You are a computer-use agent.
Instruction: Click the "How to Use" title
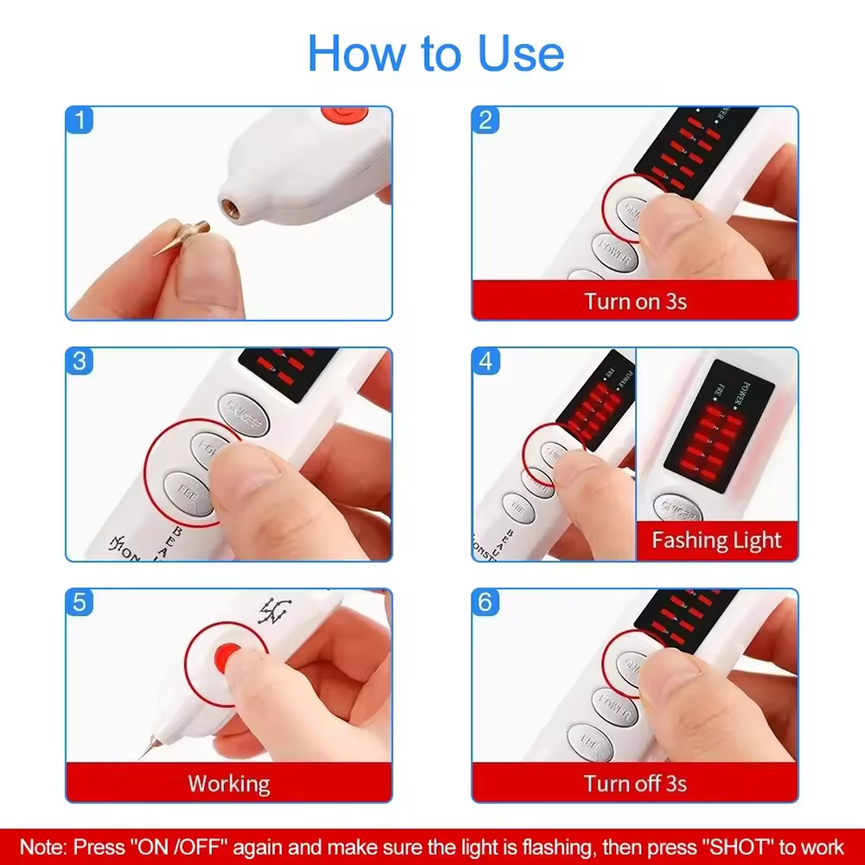(x=435, y=54)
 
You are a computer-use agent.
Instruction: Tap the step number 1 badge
(x=80, y=120)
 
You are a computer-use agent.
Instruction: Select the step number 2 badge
(x=485, y=120)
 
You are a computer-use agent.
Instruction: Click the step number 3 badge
(x=80, y=362)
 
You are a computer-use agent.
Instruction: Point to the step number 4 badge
(x=485, y=362)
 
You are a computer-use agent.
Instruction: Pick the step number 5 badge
(x=80, y=602)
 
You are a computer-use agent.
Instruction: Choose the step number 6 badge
(x=485, y=602)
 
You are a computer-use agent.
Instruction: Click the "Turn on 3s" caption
(x=635, y=301)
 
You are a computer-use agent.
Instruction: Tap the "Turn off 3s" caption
(x=635, y=784)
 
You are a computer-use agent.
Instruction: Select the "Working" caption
(x=229, y=784)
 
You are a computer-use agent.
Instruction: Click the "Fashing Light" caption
(x=716, y=541)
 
